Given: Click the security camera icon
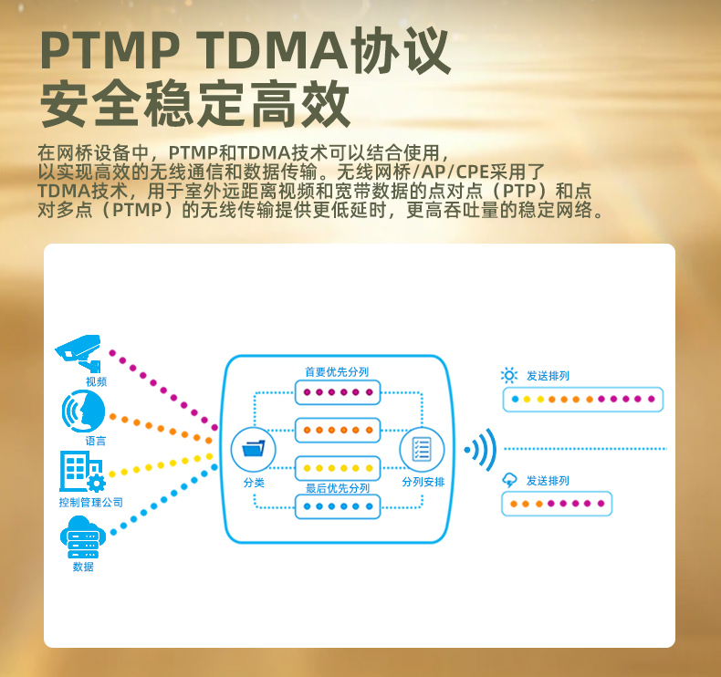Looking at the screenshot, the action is (78, 352).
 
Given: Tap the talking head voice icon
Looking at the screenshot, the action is (83, 411).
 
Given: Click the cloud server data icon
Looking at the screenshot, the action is (83, 536).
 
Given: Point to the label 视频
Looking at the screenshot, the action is (96, 381).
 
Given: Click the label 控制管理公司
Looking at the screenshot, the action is (91, 503).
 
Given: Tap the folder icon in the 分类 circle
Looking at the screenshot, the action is (254, 449).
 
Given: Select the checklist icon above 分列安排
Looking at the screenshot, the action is (422, 449).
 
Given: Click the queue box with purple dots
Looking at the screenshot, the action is (338, 392).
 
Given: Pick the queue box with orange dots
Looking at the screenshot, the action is (338, 430).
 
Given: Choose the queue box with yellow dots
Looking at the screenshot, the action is (338, 468).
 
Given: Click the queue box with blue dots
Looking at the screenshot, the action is (338, 506).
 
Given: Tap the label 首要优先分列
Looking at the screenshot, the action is (337, 371).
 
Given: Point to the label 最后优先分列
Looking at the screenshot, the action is (338, 488).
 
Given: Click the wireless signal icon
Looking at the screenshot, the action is (480, 450).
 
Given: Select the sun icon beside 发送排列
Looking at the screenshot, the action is (509, 376).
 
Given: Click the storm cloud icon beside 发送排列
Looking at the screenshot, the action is (509, 480).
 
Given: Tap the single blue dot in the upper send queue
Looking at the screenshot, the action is (515, 399).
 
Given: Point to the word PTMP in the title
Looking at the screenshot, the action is (110, 49).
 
